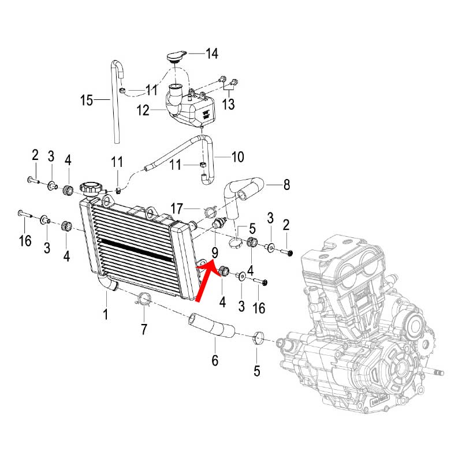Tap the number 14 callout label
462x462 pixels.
[x=212, y=54]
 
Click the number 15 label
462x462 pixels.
[x=86, y=101]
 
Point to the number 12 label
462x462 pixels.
[x=143, y=109]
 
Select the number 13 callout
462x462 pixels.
[x=229, y=103]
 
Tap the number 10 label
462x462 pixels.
[x=237, y=157]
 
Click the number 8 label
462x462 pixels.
[x=286, y=185]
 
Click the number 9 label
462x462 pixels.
[x=214, y=252]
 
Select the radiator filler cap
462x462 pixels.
[x=91, y=188]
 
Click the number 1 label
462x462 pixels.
[x=106, y=315]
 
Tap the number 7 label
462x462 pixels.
[x=144, y=330]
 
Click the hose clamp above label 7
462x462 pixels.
[x=143, y=299]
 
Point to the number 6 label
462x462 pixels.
[x=215, y=360]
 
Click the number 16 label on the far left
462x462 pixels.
[x=24, y=241]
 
